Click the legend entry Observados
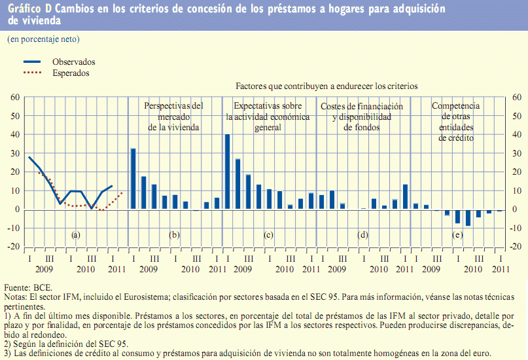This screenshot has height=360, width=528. [x=73, y=62]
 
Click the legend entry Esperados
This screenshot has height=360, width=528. [x=71, y=73]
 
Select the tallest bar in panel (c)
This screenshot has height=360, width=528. [x=227, y=171]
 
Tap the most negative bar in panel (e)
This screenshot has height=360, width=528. [x=468, y=217]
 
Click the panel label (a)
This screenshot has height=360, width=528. [x=76, y=234]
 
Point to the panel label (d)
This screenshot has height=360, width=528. [x=362, y=234]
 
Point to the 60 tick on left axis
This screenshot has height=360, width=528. [x=14, y=98]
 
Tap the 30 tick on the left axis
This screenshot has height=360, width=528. [x=14, y=153]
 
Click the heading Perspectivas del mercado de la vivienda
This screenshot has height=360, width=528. [x=173, y=117]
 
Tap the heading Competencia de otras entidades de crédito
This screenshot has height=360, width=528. [x=456, y=122]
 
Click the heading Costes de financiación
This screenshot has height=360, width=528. [x=361, y=106]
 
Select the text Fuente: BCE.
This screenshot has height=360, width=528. [x=28, y=287]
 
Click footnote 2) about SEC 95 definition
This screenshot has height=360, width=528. [x=65, y=344]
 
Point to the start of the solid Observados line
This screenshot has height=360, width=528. [x=29, y=157]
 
